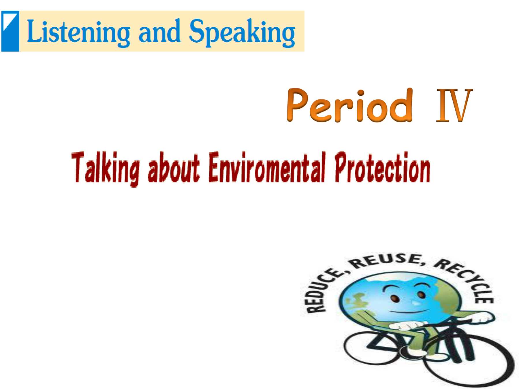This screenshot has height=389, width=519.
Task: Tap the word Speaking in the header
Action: coord(242,32)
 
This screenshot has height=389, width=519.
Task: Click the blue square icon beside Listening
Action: coord(10,31)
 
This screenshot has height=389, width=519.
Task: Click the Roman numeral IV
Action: coord(454,105)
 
